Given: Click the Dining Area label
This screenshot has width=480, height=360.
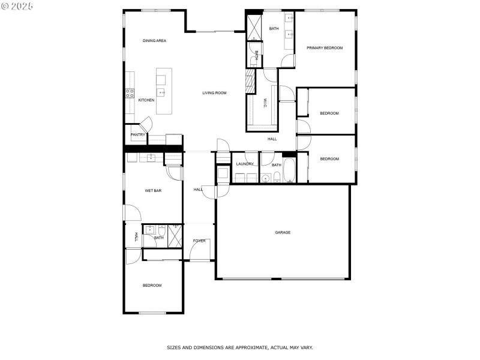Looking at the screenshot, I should coord(154,41).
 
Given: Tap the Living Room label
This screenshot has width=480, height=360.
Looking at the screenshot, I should coord(214,93).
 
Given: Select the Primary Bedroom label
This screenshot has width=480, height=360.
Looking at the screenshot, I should coord(325,48).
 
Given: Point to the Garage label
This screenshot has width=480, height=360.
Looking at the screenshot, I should coord(283,232).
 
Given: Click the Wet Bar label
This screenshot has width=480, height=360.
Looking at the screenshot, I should coord(154,191).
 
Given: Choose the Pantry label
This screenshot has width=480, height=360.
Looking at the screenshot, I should coord(138,135).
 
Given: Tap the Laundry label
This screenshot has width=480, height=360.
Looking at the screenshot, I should coord(245,164).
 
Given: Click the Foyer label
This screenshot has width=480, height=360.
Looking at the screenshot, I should coord(199,241).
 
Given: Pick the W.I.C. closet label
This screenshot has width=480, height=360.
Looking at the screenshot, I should coord(265,103).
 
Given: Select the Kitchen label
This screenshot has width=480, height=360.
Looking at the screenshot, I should coord(146,100).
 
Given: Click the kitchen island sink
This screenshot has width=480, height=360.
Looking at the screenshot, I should coord(161,92).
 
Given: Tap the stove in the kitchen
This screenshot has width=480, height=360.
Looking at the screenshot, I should coord(129,92).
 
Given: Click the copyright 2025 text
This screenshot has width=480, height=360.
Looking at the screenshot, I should coord(17,5).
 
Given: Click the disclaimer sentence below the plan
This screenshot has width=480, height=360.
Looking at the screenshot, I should coord(240,347).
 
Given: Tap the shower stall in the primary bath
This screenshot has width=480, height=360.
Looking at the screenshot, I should coord(254,28).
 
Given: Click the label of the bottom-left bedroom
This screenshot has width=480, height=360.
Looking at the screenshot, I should coord(152,286).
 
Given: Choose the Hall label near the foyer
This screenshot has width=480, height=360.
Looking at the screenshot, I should coord(198,190).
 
